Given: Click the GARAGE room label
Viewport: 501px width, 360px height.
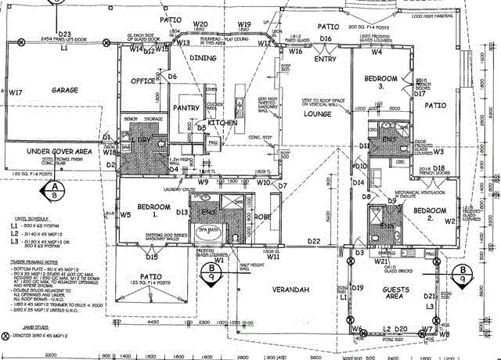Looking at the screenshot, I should coord(70,91).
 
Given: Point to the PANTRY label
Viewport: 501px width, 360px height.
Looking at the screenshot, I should coord(186,108).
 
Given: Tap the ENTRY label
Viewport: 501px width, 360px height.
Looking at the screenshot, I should coord(325,59).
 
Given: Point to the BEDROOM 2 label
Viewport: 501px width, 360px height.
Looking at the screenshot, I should coord(430,214).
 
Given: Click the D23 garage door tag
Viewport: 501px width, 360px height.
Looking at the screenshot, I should coord(64,34).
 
